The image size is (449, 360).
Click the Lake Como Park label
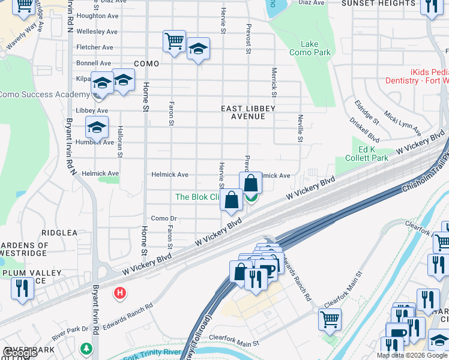315,48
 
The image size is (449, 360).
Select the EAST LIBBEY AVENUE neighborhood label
248,112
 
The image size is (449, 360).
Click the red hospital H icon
120,292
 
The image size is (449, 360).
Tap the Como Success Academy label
44,94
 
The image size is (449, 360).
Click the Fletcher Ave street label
95,47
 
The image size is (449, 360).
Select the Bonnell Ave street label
94,63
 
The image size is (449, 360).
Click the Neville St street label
300,128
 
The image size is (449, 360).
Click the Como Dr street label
164,218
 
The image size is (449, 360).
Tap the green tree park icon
87,347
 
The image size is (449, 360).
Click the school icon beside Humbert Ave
97,127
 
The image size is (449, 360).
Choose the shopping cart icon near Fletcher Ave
174,41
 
